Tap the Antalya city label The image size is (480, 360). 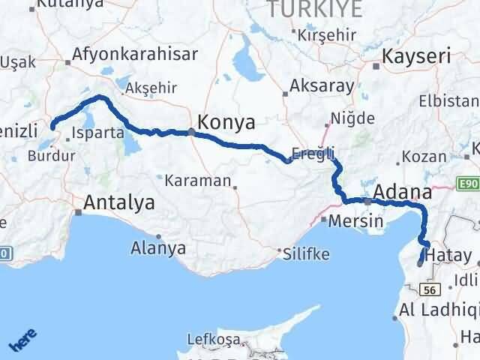tap(119, 202)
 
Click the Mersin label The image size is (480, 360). tap(357, 221)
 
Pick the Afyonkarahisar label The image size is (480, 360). tap(134, 54)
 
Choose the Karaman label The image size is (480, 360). tap(196, 180)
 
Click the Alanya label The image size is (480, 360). tap(158, 246)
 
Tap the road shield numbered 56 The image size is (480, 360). tap(430, 289)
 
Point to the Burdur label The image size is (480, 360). tap(51, 157)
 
